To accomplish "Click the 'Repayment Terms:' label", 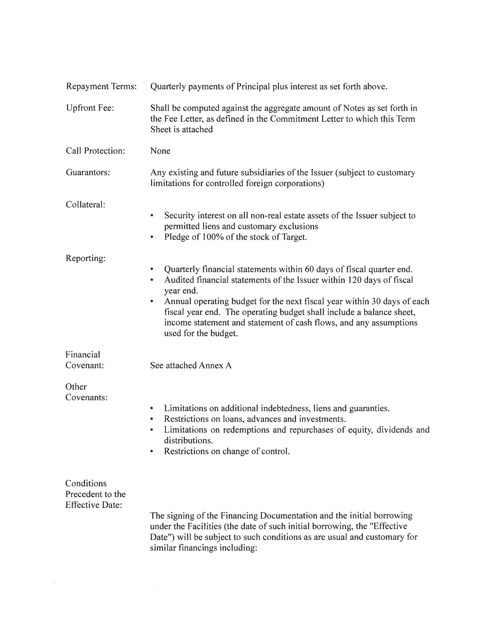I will [x=101, y=86].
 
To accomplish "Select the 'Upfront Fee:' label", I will [x=90, y=108].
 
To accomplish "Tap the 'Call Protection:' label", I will [x=95, y=151].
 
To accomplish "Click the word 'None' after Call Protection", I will [x=160, y=151].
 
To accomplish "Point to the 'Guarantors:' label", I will [x=88, y=173].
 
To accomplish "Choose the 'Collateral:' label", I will [x=86, y=205].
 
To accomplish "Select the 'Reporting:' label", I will [x=86, y=258].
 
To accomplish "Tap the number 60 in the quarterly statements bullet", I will [x=309, y=269].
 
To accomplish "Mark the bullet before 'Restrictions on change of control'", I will [x=152, y=451].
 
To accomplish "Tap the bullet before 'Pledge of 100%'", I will [x=152, y=237].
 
